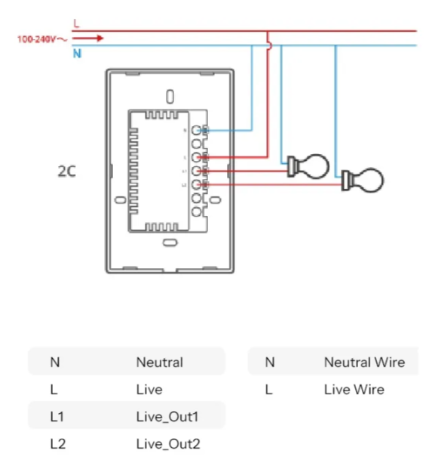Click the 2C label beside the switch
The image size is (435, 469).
click(67, 171)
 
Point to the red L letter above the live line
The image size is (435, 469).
click(76, 24)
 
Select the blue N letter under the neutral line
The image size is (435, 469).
click(77, 54)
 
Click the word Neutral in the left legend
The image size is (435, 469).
click(159, 363)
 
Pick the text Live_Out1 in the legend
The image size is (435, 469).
click(168, 417)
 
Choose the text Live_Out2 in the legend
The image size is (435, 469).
click(168, 444)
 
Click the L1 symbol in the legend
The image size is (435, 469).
click(57, 417)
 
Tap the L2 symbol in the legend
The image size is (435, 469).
click(58, 444)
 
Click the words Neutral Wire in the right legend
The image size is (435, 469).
click(364, 363)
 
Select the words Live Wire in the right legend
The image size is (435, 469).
click(354, 390)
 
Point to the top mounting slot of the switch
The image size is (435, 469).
click(170, 97)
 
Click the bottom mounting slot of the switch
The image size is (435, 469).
click(170, 242)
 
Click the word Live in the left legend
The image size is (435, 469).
click(149, 390)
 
